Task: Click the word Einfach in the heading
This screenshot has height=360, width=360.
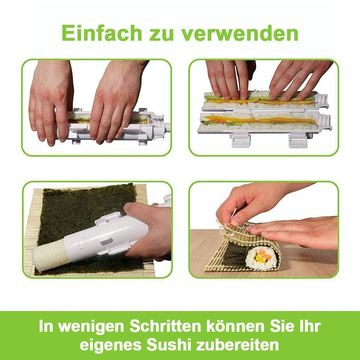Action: [102, 33]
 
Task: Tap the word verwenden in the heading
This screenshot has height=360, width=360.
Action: [239, 33]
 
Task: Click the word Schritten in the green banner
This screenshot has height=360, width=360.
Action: [166, 326]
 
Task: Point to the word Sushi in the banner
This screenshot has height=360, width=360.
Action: [166, 344]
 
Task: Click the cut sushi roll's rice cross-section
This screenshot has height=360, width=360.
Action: [261, 259]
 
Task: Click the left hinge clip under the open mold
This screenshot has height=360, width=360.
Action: [241, 140]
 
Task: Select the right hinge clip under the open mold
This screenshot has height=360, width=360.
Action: [298, 141]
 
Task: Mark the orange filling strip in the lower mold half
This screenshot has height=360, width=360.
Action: [259, 120]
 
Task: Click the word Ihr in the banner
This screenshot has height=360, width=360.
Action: [310, 326]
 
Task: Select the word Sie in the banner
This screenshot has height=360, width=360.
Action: [283, 326]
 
